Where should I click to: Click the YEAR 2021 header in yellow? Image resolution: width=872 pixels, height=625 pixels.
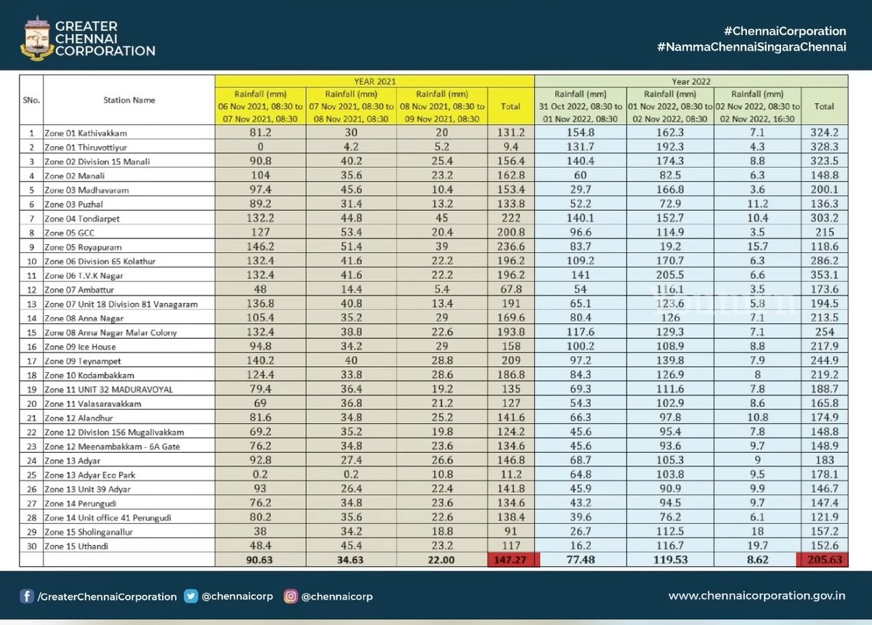point(374,81)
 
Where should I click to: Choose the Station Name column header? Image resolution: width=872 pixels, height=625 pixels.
point(129,100)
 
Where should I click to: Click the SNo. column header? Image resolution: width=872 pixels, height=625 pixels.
point(31,100)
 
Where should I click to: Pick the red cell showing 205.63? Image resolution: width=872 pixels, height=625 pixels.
point(824,560)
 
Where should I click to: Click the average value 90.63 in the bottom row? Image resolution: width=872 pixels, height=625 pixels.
point(259,560)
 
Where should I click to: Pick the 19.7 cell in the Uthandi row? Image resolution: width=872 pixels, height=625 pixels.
point(758,546)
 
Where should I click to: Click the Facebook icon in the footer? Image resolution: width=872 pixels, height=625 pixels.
point(28,597)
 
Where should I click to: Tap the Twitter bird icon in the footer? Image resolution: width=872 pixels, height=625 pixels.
point(191,597)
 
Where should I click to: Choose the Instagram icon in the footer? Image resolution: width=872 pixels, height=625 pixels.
point(291,597)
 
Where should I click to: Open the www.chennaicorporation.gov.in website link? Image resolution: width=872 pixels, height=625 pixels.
point(756,597)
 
